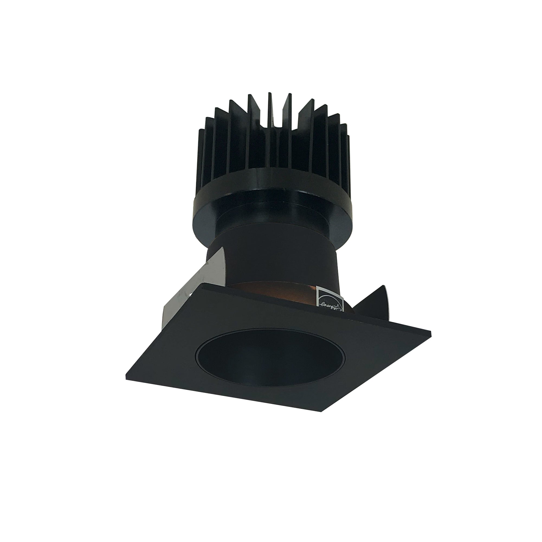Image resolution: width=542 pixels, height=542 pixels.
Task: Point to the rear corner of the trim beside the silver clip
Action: click(202, 285)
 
